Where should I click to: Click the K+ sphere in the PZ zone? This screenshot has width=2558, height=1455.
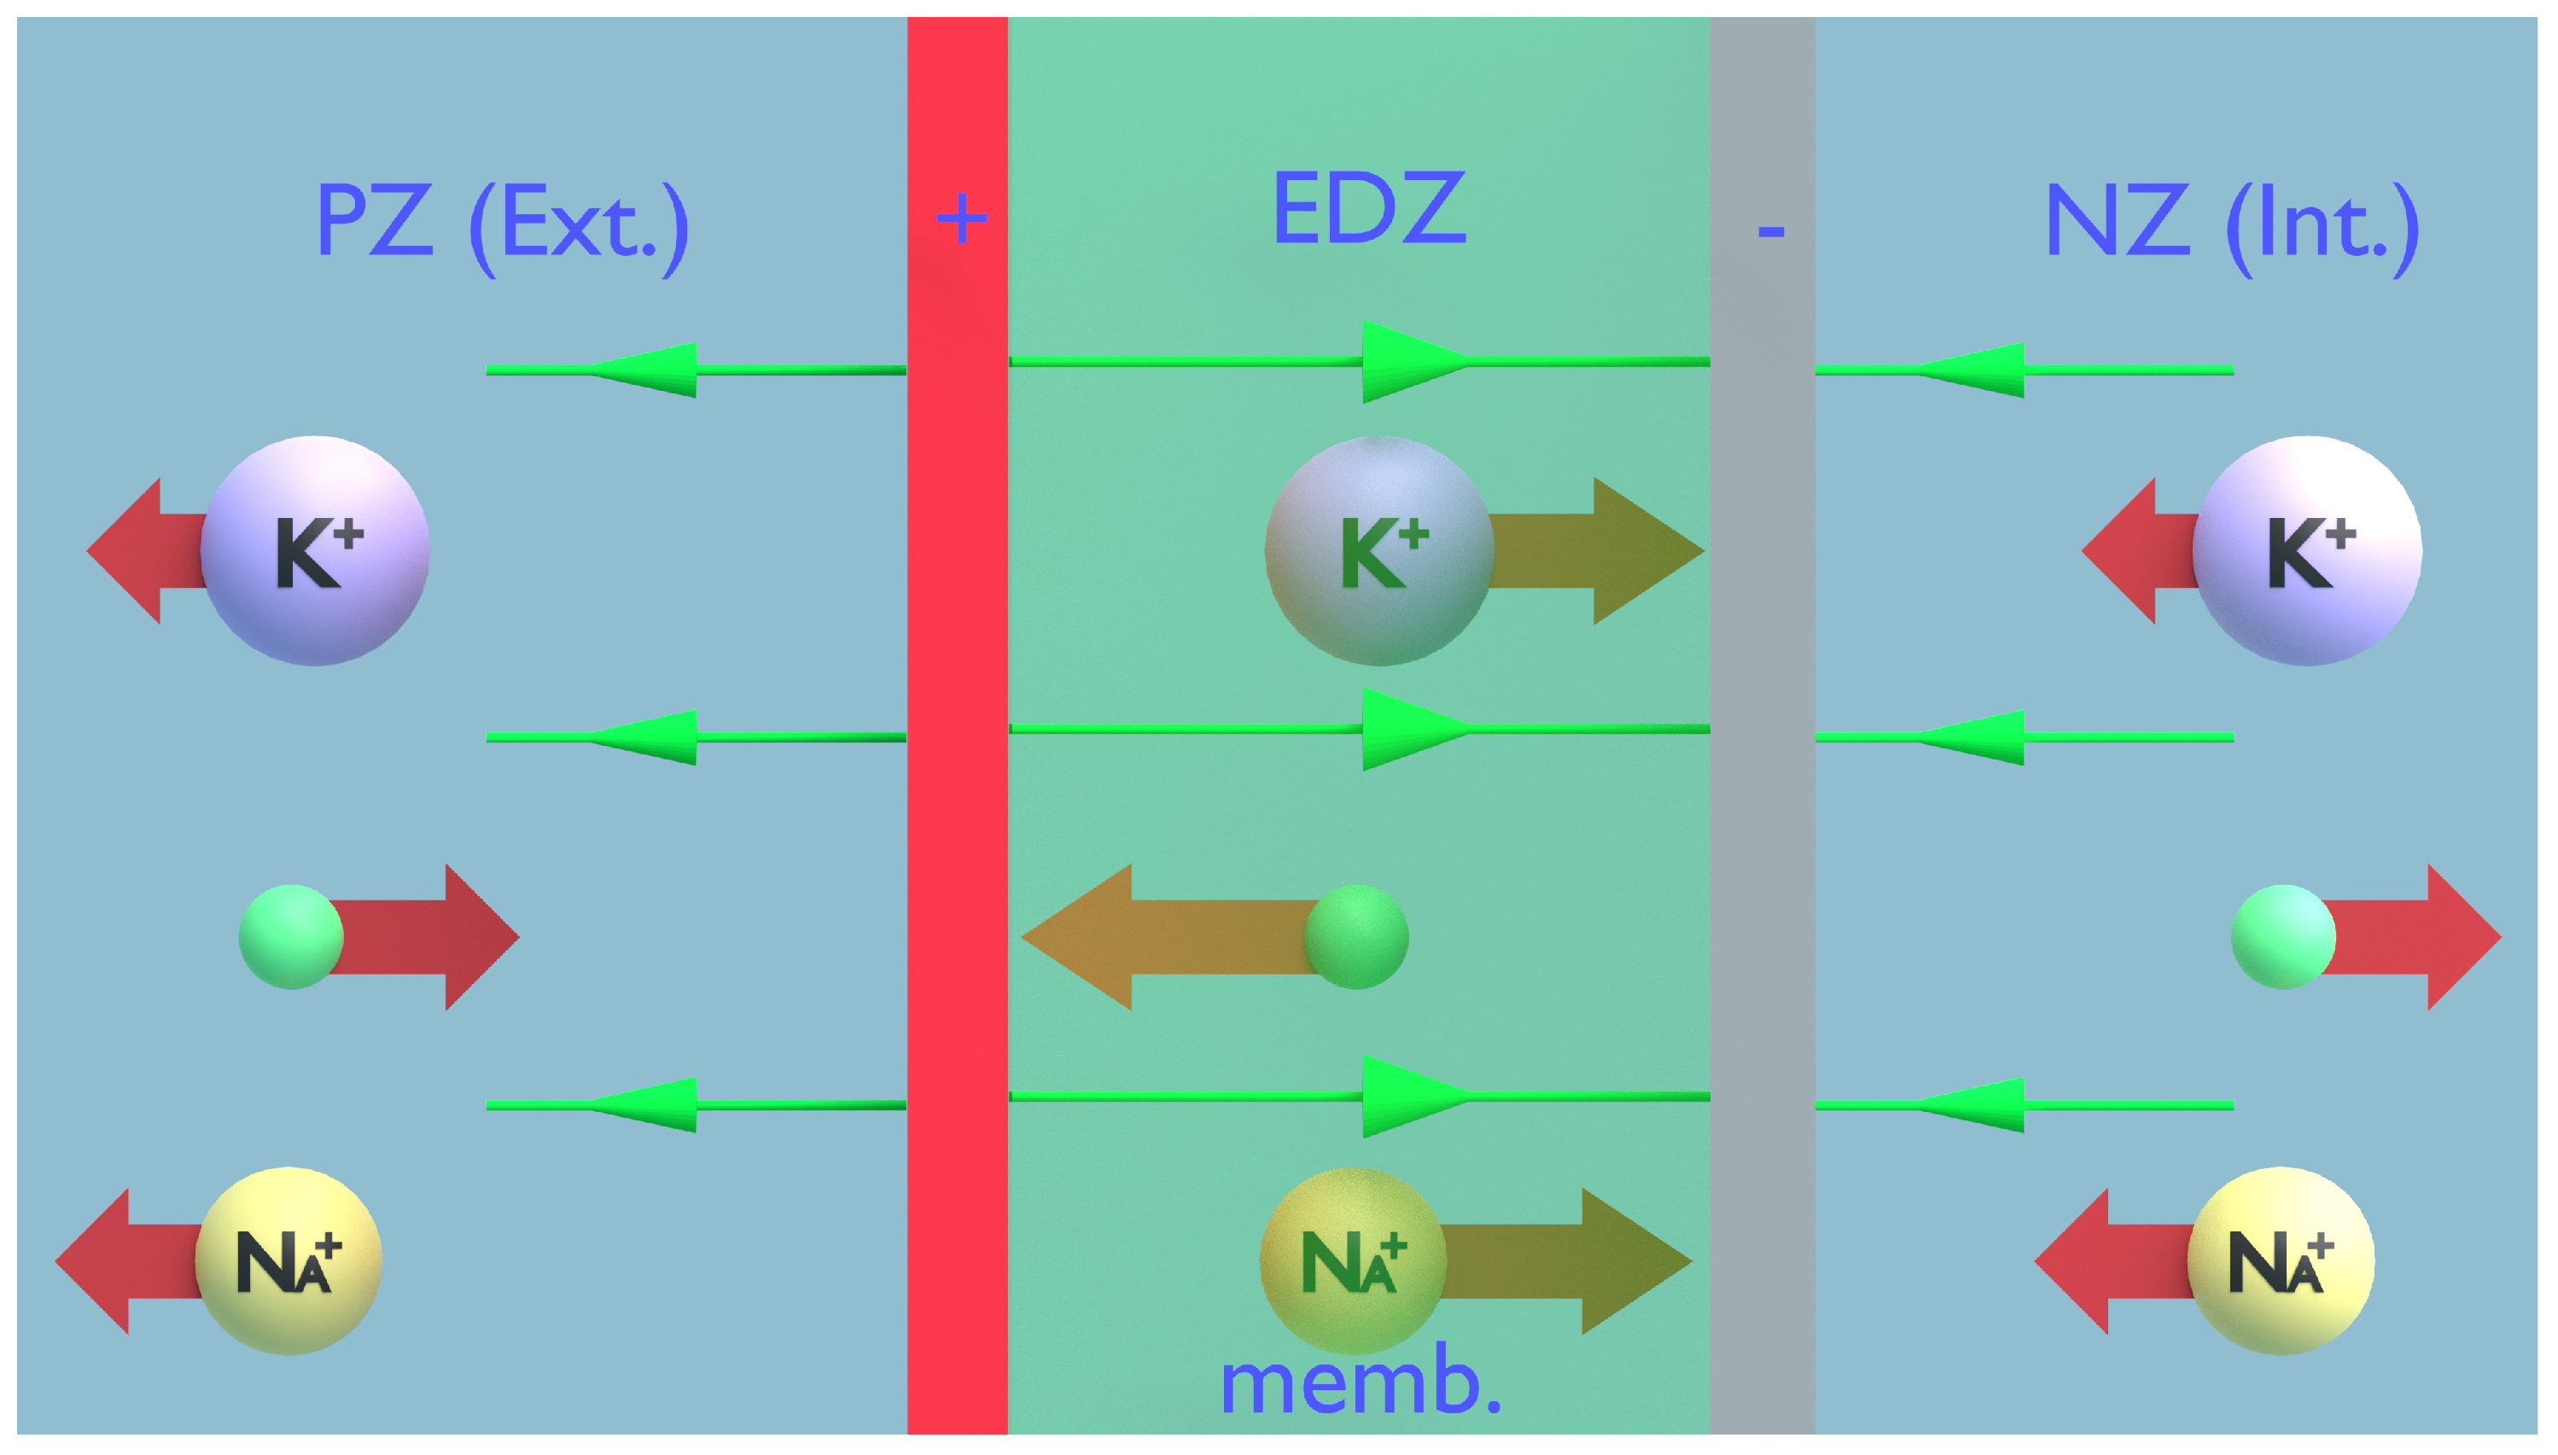tap(315, 550)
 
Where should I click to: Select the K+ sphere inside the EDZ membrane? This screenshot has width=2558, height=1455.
tap(1379, 550)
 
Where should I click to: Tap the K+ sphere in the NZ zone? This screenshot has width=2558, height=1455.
tap(2306, 550)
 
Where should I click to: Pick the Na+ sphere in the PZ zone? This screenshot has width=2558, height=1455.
tap(288, 1261)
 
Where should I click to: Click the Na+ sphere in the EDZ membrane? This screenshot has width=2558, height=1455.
tap(1353, 1261)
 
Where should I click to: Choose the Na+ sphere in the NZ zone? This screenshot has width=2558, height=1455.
tap(2281, 1261)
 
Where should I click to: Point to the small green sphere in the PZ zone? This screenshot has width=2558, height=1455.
tap(291, 937)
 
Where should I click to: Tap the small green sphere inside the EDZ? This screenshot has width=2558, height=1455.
tap(1356, 937)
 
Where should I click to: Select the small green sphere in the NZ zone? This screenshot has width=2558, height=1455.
tap(2283, 937)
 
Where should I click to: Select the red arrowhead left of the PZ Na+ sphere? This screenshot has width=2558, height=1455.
tap(94, 1261)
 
